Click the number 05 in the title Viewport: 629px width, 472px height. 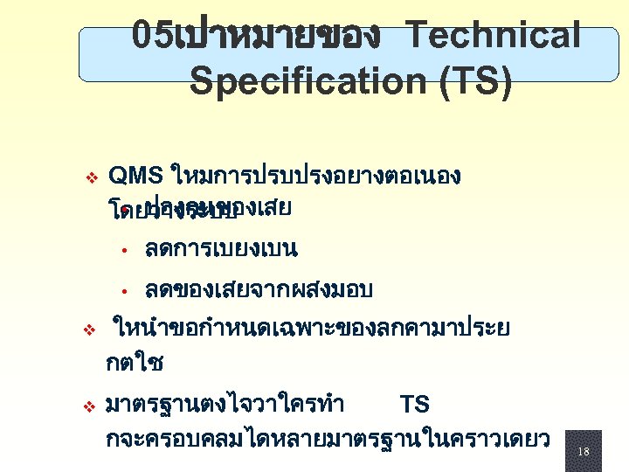(x=153, y=36)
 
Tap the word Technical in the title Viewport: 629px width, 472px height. (x=494, y=36)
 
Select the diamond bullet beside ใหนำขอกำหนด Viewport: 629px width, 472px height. (x=88, y=331)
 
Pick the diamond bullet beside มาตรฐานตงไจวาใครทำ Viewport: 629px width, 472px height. (x=88, y=406)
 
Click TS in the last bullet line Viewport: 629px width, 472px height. (x=414, y=405)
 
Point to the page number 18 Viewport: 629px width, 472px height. (x=583, y=451)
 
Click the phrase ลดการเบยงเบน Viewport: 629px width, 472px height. (x=222, y=249)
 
